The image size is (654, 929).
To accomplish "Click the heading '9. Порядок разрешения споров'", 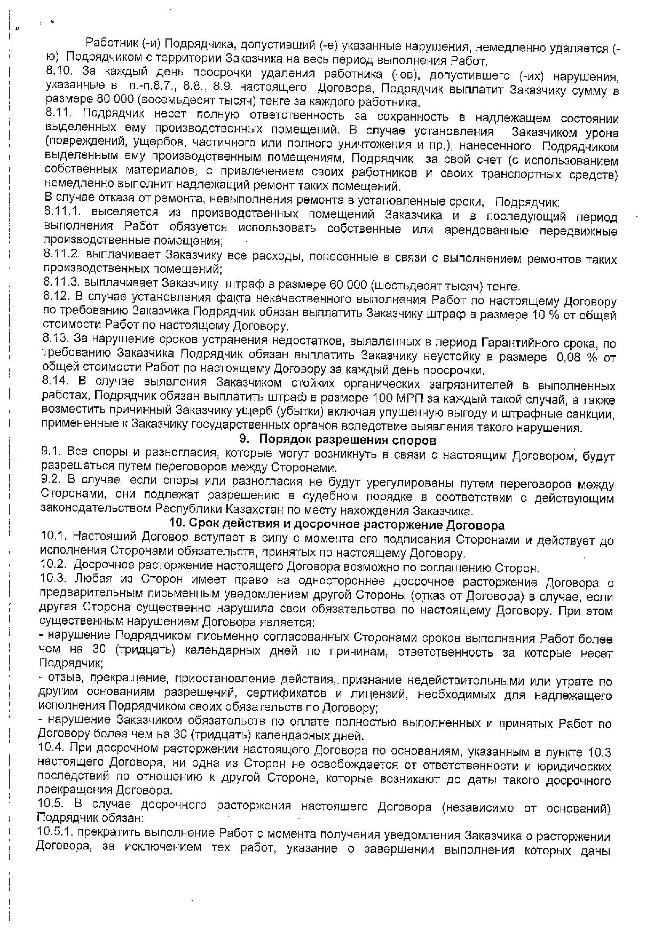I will pyautogui.click(x=337, y=440).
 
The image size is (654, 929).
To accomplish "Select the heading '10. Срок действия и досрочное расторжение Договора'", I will pyautogui.click(x=336, y=524).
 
